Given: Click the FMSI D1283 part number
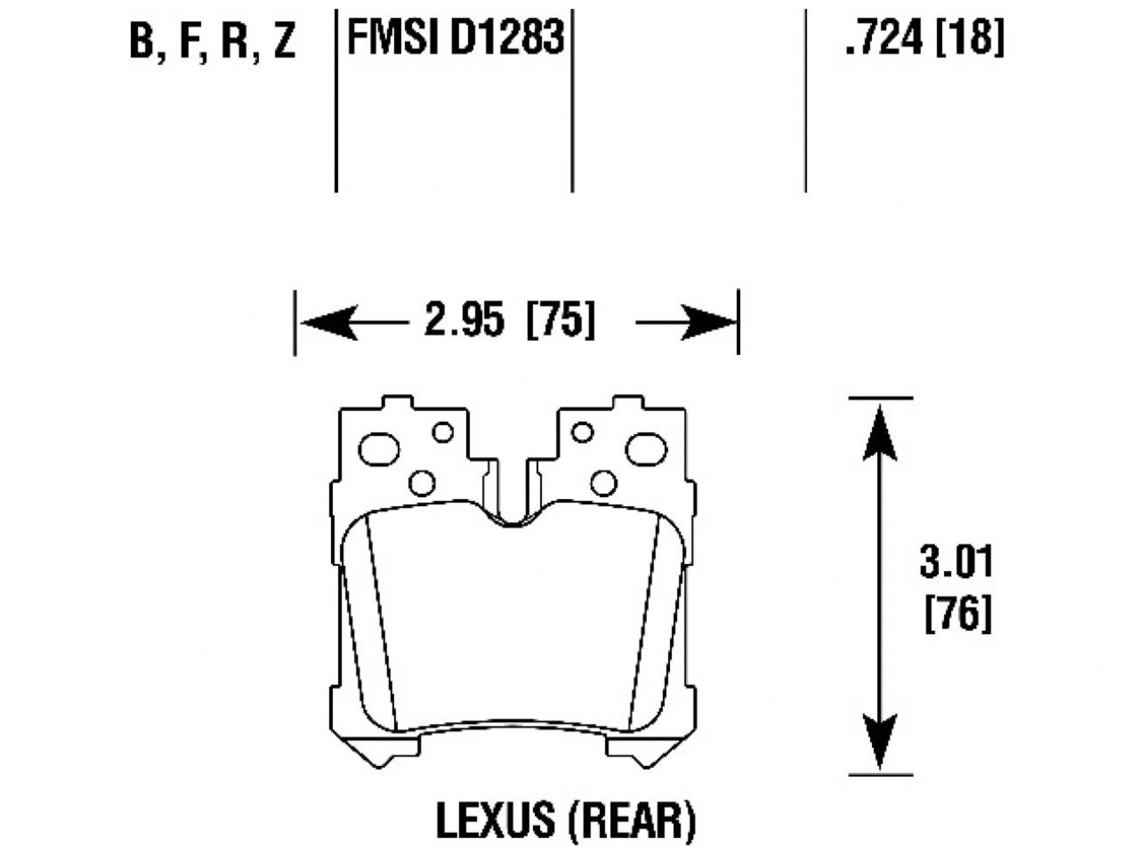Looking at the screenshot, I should point(455,38).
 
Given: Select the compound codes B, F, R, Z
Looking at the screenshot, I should point(212,41).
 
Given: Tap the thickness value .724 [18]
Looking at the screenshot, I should point(924,38).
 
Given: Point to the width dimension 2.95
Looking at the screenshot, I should point(464,320).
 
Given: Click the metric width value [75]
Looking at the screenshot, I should point(561,320).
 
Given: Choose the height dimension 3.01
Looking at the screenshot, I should point(956,562).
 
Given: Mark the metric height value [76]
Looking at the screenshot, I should point(957,614).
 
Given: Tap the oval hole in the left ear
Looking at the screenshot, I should point(379,448).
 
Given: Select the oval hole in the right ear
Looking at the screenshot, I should point(646,448).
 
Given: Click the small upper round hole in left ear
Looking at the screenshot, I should point(442,432).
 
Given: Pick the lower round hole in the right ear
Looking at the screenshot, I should point(603,483).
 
